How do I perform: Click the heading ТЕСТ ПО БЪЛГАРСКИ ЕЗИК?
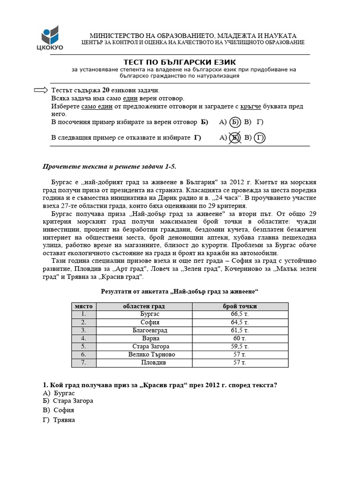pos(180,62)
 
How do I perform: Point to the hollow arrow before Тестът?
pos(42,90)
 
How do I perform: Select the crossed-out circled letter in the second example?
pos(235,138)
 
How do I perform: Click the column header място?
pos(84,306)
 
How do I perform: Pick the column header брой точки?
pos(240,306)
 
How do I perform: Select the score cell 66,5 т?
pos(240,314)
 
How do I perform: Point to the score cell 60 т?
pos(240,338)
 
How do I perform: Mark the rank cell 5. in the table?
pos(84,346)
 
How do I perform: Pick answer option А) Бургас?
pos(59,393)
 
